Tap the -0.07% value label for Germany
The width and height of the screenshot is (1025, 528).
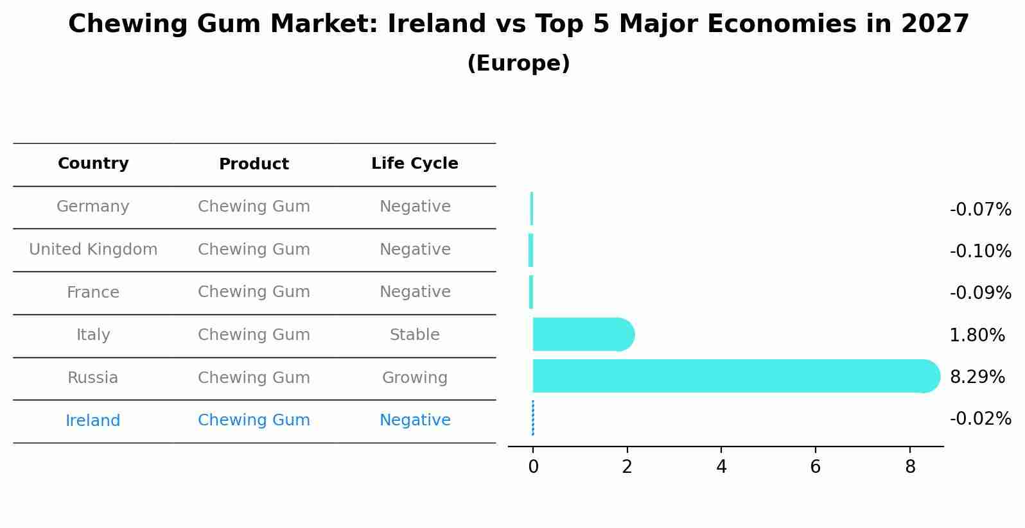click(x=980, y=210)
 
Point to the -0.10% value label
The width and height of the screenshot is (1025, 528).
click(x=980, y=251)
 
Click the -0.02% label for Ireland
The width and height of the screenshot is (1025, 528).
click(x=980, y=419)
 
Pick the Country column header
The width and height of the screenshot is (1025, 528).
click(x=93, y=164)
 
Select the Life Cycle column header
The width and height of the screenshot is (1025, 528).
click(x=415, y=164)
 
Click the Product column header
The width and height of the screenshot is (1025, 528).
click(x=254, y=164)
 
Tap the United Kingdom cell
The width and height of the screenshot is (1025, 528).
click(x=93, y=250)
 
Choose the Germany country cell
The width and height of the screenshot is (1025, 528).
click(x=93, y=207)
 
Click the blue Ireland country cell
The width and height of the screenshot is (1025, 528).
click(x=93, y=421)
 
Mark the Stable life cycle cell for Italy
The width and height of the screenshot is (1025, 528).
click(x=415, y=335)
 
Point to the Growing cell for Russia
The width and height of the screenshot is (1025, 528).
click(x=415, y=378)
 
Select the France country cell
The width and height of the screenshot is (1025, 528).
click(x=93, y=293)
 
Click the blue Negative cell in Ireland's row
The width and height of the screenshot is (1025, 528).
click(x=415, y=420)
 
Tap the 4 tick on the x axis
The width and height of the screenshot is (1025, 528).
click(x=721, y=467)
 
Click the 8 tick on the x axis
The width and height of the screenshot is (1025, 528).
click(x=910, y=467)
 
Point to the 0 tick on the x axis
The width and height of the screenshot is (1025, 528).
click(x=533, y=467)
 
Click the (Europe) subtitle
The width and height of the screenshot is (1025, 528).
click(x=518, y=64)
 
